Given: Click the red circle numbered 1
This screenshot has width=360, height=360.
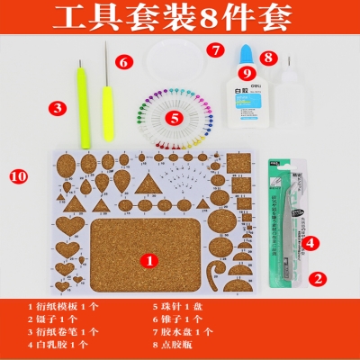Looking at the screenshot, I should click(152, 258).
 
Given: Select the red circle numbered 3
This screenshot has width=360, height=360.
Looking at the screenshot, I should click(58, 108).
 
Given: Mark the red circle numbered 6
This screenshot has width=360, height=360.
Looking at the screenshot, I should click(124, 61).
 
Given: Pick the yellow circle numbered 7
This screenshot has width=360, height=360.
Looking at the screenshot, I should click(216, 50).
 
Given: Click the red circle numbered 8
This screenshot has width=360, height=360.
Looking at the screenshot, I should click(268, 57).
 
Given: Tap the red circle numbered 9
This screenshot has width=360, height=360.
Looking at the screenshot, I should click(242, 73).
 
